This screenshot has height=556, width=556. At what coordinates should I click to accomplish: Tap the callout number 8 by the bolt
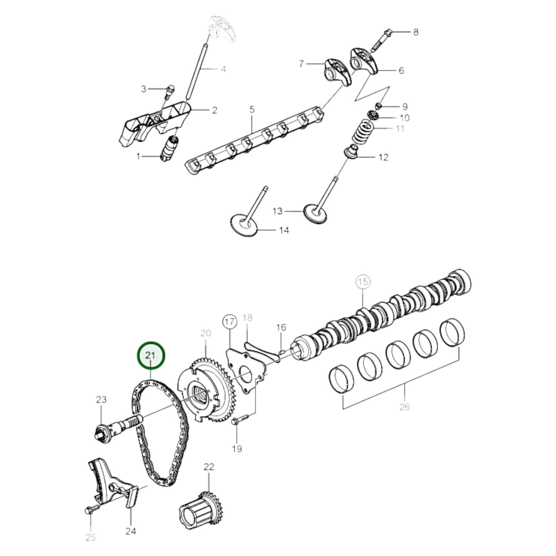point(416,32)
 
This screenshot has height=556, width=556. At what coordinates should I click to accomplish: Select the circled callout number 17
point(230,322)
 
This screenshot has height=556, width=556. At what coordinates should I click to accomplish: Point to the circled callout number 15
point(362,282)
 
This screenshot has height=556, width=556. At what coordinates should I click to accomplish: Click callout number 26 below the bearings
point(404,407)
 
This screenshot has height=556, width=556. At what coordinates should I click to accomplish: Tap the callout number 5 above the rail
point(252,110)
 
